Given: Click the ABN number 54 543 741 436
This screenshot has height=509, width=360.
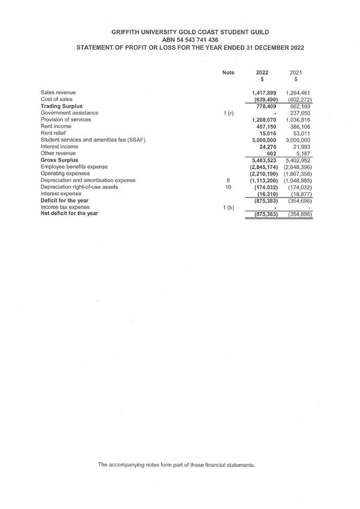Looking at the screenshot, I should [x=190, y=40].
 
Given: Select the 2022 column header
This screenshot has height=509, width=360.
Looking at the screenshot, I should [x=262, y=73].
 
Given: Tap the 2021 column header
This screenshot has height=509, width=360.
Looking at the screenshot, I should [x=296, y=73].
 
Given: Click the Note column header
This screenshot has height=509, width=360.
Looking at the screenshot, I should [x=229, y=73].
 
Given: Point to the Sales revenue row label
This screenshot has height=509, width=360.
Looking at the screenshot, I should [x=58, y=93].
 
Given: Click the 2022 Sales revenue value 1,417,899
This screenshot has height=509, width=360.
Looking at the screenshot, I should [x=265, y=93].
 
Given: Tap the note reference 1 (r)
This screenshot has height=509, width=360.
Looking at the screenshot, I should [x=229, y=113].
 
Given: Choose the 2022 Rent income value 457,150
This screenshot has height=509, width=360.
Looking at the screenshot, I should [x=267, y=126].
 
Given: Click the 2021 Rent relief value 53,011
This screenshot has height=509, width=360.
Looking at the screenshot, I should [x=301, y=133].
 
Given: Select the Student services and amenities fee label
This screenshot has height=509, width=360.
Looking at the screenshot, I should [x=93, y=140].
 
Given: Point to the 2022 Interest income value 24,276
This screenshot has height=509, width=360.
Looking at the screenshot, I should [x=268, y=147].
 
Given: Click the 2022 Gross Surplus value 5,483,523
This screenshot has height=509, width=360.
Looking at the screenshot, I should [x=265, y=160].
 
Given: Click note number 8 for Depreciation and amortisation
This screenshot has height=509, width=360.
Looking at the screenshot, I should [x=229, y=180].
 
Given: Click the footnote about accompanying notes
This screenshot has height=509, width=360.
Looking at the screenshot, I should [x=176, y=465].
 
